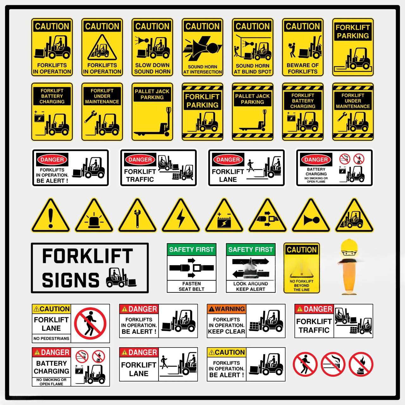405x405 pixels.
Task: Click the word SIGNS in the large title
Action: click(x=71, y=280)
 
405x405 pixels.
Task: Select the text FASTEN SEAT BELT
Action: click(x=191, y=286)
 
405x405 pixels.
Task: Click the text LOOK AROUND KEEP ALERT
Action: click(x=251, y=286)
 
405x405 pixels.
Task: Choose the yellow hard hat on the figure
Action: click(x=349, y=246)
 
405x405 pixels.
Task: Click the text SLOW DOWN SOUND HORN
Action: click(x=152, y=68)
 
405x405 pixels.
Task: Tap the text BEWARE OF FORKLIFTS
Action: click(x=302, y=68)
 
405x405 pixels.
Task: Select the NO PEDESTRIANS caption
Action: click(x=51, y=338)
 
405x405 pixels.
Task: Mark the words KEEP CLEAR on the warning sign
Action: click(x=227, y=332)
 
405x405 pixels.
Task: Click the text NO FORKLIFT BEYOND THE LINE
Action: click(x=302, y=285)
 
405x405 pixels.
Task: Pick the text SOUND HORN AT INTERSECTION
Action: click(x=202, y=69)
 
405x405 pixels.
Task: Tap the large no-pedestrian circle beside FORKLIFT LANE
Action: click(x=90, y=323)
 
